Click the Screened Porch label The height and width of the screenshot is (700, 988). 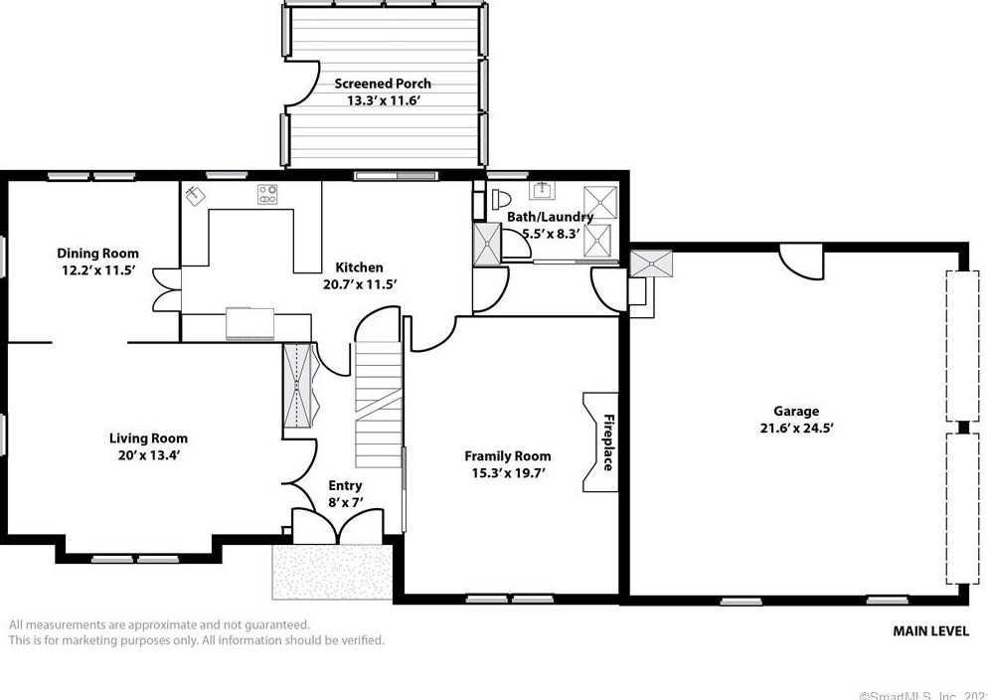(383, 84)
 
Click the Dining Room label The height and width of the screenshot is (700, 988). (97, 253)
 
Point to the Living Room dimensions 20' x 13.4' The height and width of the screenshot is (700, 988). (148, 455)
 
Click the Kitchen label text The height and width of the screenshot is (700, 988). (359, 266)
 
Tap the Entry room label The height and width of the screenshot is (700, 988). (345, 485)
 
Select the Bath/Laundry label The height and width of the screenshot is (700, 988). (550, 217)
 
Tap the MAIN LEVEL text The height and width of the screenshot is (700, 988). (930, 630)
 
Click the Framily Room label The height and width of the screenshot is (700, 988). (507, 456)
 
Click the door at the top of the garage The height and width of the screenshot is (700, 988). (801, 261)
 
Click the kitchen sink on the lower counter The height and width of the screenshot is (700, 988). (248, 323)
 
